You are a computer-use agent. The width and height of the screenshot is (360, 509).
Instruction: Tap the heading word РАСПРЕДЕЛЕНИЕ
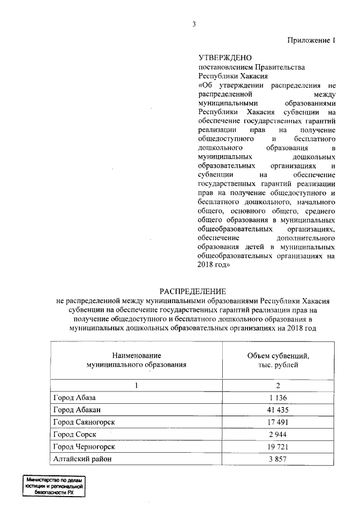193,291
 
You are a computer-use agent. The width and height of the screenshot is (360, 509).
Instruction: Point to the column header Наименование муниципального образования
137,361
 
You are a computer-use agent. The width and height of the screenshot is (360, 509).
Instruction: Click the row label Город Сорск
75,435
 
